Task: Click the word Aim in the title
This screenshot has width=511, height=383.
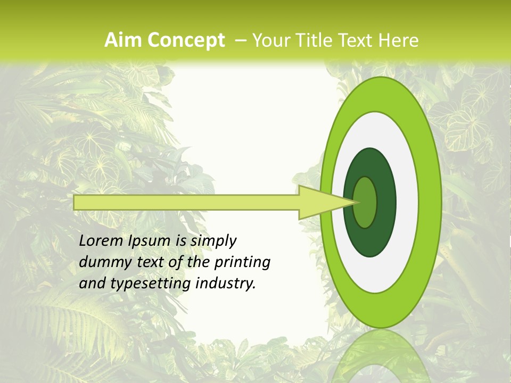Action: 123,40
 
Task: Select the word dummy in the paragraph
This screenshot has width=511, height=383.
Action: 102,262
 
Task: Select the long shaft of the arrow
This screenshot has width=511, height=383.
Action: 186,203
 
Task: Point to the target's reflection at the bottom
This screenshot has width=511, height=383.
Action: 381,359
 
